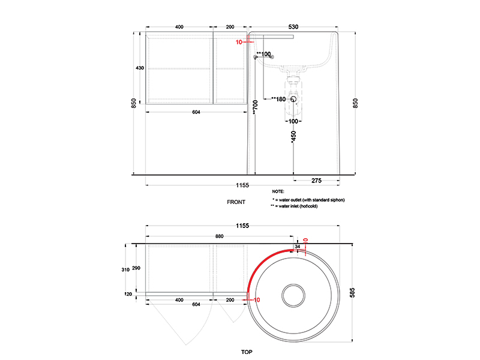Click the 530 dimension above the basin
point(293,27)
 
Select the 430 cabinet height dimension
point(140,68)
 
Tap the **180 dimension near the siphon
point(278,99)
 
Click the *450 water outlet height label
point(293,137)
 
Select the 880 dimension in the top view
point(219,236)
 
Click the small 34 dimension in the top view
point(297,247)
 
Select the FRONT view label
point(236,202)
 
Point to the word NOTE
point(278,191)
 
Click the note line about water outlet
point(309,199)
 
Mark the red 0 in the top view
point(305,241)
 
